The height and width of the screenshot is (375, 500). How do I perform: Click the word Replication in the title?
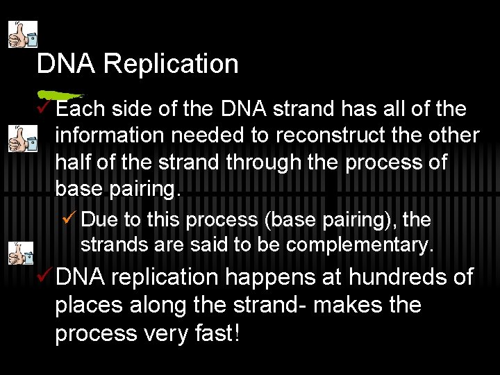[171, 64]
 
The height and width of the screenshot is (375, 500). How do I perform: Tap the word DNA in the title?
[67, 64]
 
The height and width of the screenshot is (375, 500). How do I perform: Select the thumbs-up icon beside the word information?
[22, 140]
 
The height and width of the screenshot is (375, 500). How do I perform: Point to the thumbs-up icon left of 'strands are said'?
[22, 253]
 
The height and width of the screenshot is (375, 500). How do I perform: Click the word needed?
[206, 135]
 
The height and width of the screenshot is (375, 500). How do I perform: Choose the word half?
[74, 162]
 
